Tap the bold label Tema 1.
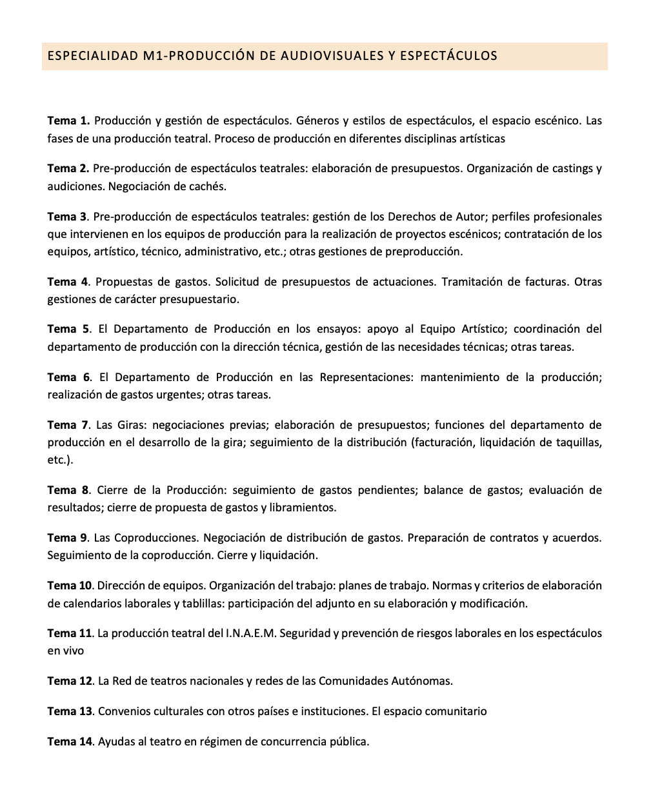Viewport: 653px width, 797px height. pos(68,121)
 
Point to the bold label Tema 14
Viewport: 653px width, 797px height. pos(70,742)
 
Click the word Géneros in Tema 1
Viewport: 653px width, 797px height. pos(317,121)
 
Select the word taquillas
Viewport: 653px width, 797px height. pos(578,442)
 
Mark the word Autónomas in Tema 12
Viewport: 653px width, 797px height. pos(421,681)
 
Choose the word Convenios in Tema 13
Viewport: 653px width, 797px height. pos(124,711)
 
